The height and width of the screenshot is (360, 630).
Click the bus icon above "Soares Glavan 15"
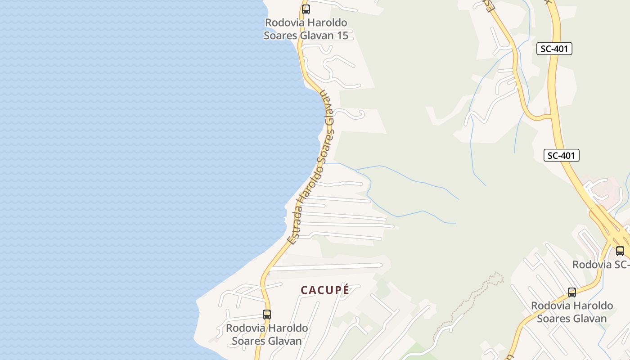click(x=306, y=9)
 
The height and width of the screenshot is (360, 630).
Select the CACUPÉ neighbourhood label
click(x=325, y=290)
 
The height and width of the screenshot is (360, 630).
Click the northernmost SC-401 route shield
click(x=554, y=49)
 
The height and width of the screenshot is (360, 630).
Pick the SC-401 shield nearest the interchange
click(x=561, y=156)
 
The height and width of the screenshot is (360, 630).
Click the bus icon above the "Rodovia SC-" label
click(x=620, y=251)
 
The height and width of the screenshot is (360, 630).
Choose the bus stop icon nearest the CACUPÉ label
click(x=267, y=315)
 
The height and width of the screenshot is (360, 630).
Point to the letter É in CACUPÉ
click(x=345, y=290)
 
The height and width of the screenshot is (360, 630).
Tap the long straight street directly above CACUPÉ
click(x=326, y=267)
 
